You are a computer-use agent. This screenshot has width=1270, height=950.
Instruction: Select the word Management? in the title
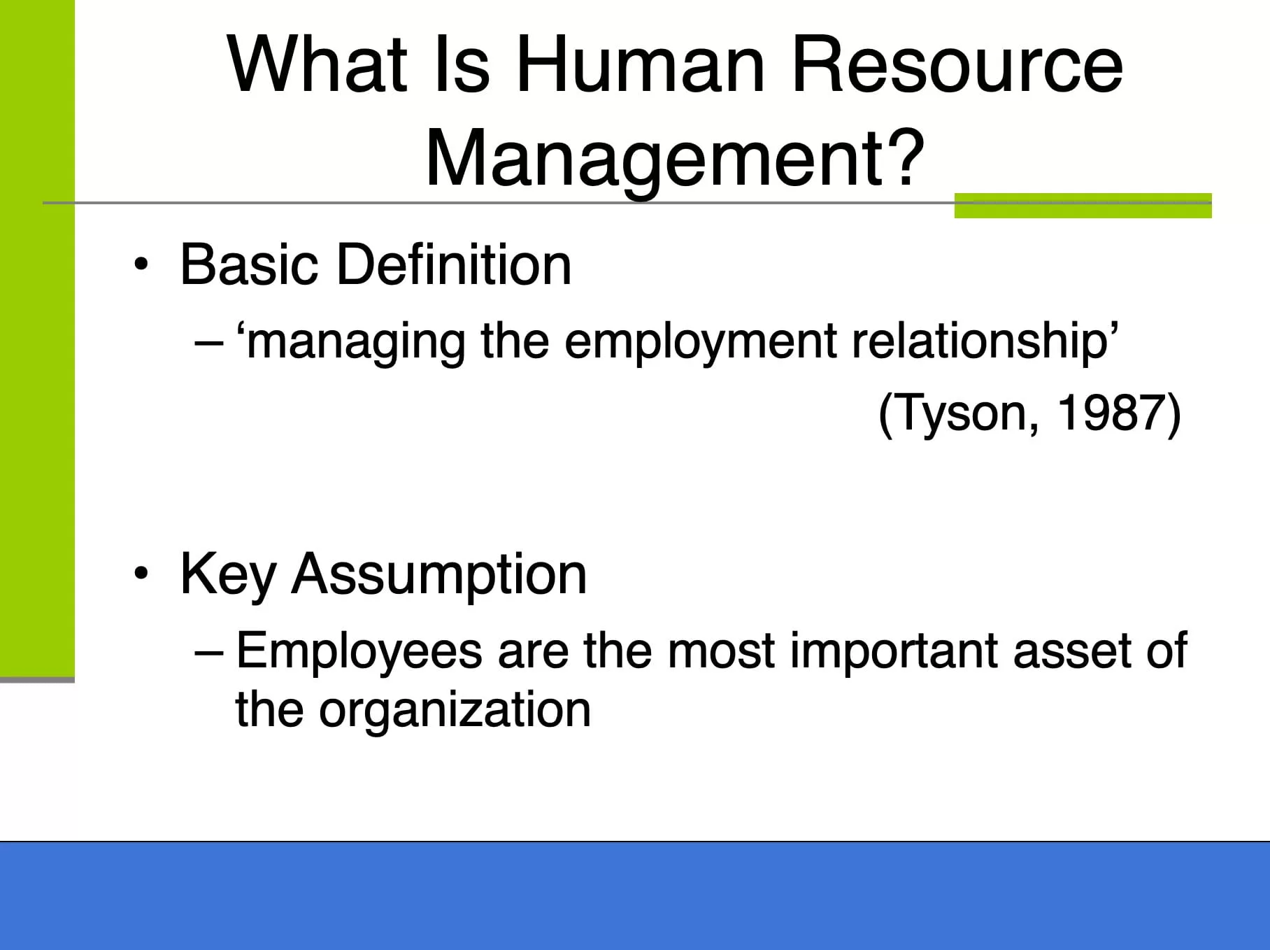676,159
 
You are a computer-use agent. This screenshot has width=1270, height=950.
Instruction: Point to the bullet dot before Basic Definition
141,265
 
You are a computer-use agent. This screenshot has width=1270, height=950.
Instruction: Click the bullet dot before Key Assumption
141,574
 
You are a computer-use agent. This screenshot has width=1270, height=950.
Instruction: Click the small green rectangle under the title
1083,206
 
